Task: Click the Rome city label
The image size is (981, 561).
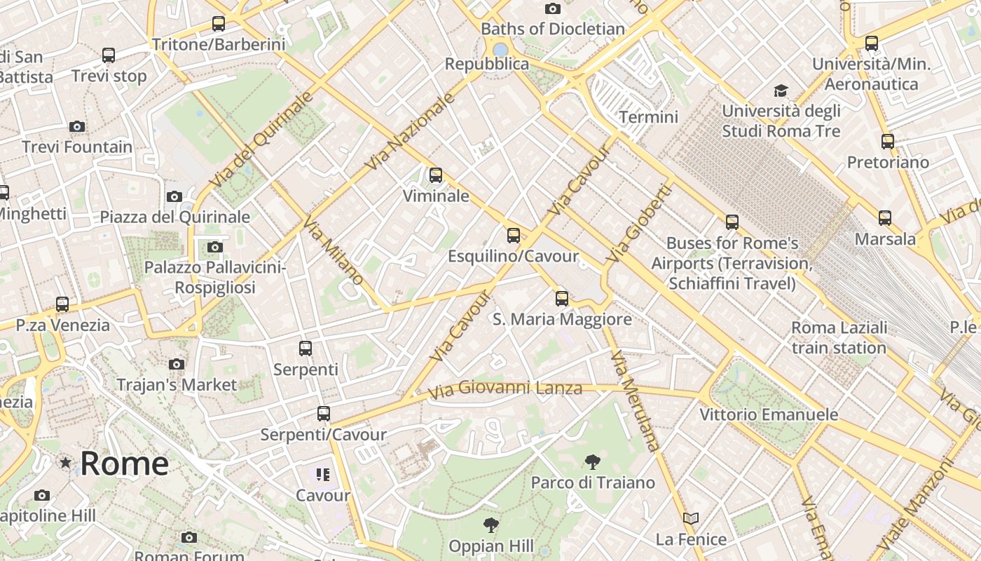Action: coord(124,464)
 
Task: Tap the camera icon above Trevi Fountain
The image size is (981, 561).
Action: coord(77,127)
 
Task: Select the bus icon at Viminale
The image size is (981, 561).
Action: coord(436,175)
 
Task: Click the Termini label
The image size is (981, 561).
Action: coord(649,117)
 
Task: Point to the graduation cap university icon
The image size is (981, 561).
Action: coord(781,90)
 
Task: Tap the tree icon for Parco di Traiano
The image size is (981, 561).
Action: coord(593,461)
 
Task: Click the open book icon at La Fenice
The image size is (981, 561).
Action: coord(691,519)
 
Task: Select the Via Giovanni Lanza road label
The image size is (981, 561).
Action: coord(505,388)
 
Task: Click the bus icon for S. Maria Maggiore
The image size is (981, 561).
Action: coord(562,299)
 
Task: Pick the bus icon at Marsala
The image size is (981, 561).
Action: coord(885,218)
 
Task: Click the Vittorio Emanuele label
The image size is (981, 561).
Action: coord(769,414)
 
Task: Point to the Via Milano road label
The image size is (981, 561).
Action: coord(334,250)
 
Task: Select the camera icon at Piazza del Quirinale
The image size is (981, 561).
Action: coord(174,196)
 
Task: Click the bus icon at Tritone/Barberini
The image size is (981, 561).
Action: coord(219,24)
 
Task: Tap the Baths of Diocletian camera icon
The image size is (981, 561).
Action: coord(553,9)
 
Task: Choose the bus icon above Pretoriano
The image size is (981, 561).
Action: coord(888,142)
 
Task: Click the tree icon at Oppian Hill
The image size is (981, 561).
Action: coord(491,525)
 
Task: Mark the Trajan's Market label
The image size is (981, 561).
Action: coord(177,385)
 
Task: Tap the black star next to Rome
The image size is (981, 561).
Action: coord(66,463)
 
